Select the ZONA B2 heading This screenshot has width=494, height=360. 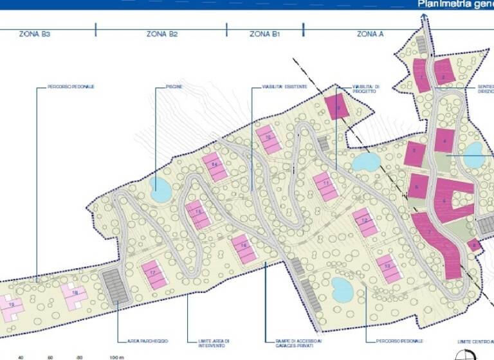[x=161, y=33]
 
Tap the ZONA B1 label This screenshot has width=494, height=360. [x=264, y=33]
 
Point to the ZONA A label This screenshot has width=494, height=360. [x=370, y=33]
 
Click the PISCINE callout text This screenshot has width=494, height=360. [x=174, y=86]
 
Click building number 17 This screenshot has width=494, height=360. [x=154, y=273]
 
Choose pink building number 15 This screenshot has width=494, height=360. [x=198, y=213]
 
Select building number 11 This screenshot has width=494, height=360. [x=326, y=186]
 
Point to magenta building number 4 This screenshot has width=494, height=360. [x=444, y=140]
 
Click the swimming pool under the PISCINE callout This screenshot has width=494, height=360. [x=160, y=188]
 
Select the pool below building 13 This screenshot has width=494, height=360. [x=342, y=289]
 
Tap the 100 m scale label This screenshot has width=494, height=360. [x=116, y=357]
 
